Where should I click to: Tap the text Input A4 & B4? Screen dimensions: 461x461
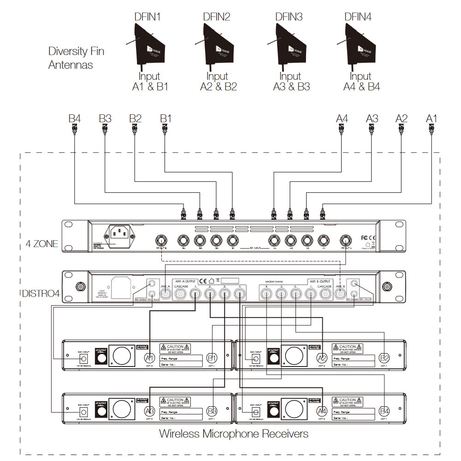click(x=361, y=82)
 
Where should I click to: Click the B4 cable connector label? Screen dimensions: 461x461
click(x=75, y=118)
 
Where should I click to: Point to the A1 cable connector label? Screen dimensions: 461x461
click(x=431, y=118)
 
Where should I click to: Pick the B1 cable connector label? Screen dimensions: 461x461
click(x=165, y=118)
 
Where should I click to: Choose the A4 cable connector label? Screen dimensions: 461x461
click(x=342, y=118)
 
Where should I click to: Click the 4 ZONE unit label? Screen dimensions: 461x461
click(x=42, y=243)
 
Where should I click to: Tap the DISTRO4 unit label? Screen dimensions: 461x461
click(x=41, y=293)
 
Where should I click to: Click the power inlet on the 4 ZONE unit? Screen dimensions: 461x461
click(x=121, y=236)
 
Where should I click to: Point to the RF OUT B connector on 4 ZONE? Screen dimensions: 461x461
click(x=161, y=240)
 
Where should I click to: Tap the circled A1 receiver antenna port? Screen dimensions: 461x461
click(x=149, y=358)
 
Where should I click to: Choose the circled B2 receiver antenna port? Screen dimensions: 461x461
click(x=384, y=358)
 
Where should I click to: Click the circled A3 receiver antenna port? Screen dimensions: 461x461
click(x=149, y=411)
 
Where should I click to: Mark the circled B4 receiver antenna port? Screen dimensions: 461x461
click(x=384, y=411)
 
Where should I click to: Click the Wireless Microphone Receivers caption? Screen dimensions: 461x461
click(x=234, y=433)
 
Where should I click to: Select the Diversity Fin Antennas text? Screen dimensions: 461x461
click(x=76, y=58)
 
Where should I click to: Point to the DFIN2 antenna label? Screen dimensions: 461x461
click(x=216, y=17)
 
